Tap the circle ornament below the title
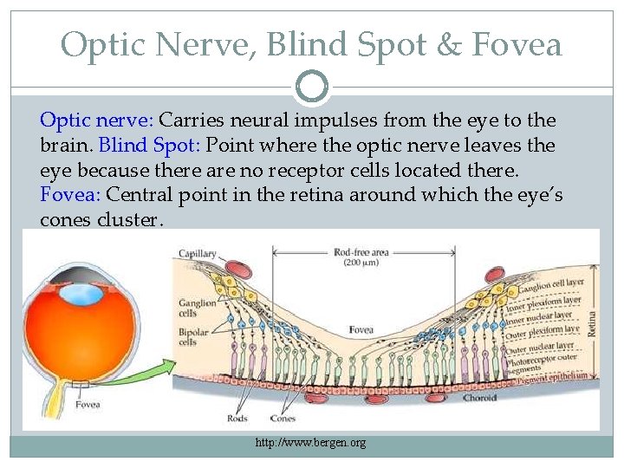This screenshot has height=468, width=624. click(x=312, y=86)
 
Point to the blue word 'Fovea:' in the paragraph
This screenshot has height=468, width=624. click(x=70, y=194)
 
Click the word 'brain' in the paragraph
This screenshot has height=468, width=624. click(x=63, y=145)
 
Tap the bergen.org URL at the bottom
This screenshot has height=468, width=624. click(x=311, y=443)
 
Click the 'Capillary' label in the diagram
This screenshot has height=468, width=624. click(x=198, y=254)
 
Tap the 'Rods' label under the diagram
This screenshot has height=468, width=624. click(x=236, y=418)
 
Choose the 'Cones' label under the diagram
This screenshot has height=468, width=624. click(x=283, y=418)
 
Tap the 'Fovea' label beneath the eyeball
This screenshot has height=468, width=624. click(x=88, y=404)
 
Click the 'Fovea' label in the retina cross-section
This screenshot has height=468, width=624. click(x=361, y=330)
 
